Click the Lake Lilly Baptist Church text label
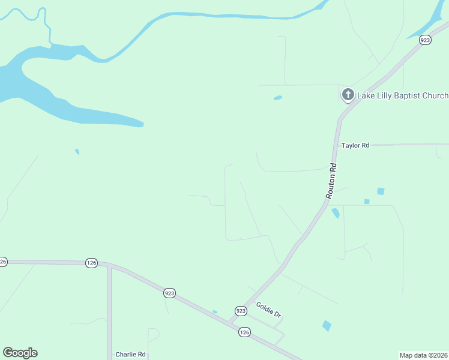click(x=403, y=95)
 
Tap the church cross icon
click(x=348, y=95)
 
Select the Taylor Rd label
click(x=355, y=145)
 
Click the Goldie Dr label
click(x=268, y=310)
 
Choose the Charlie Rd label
click(x=130, y=354)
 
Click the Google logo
click(x=20, y=353)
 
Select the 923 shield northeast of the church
click(x=425, y=40)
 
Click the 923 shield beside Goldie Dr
click(x=241, y=311)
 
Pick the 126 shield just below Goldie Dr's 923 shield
click(x=244, y=332)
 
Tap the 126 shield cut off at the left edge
click(x=3, y=262)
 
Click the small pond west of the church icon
click(x=277, y=97)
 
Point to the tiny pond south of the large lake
click(x=77, y=151)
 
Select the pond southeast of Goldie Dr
click(x=327, y=326)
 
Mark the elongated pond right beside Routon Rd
click(x=336, y=212)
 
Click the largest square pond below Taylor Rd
click(x=380, y=191)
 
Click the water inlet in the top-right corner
click(x=429, y=24)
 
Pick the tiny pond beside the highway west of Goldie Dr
click(x=215, y=311)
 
